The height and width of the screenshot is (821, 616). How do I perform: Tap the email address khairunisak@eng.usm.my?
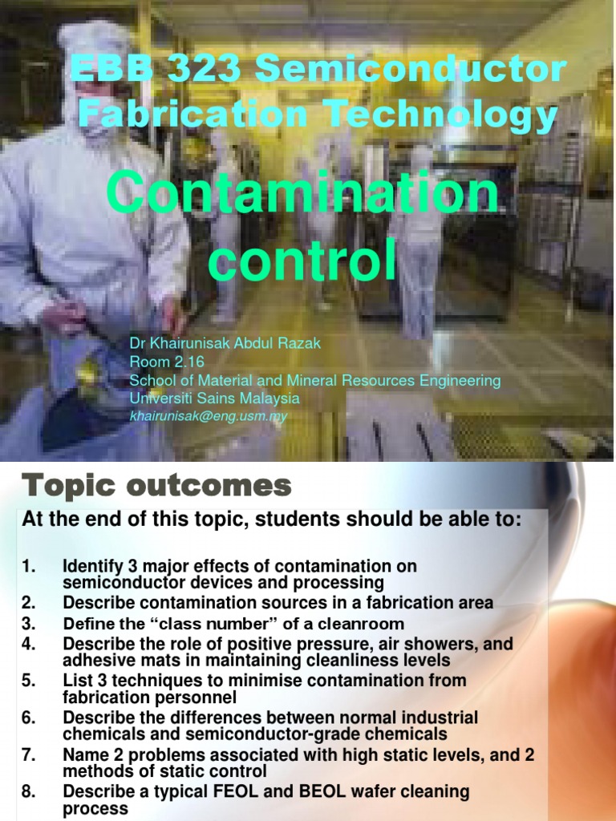pos(209,415)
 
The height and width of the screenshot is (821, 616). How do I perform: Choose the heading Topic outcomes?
pos(156,486)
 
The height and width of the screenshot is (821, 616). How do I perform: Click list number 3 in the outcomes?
pos(29,624)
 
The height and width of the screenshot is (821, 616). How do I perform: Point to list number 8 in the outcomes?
pos(29,792)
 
